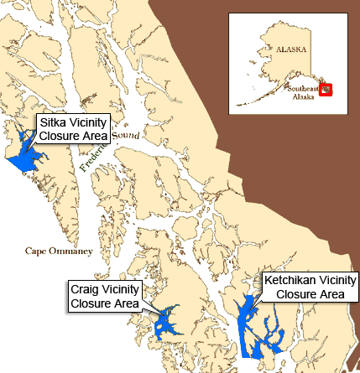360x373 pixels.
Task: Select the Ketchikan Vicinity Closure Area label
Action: [310, 287]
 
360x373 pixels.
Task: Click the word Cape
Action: [35, 250]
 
